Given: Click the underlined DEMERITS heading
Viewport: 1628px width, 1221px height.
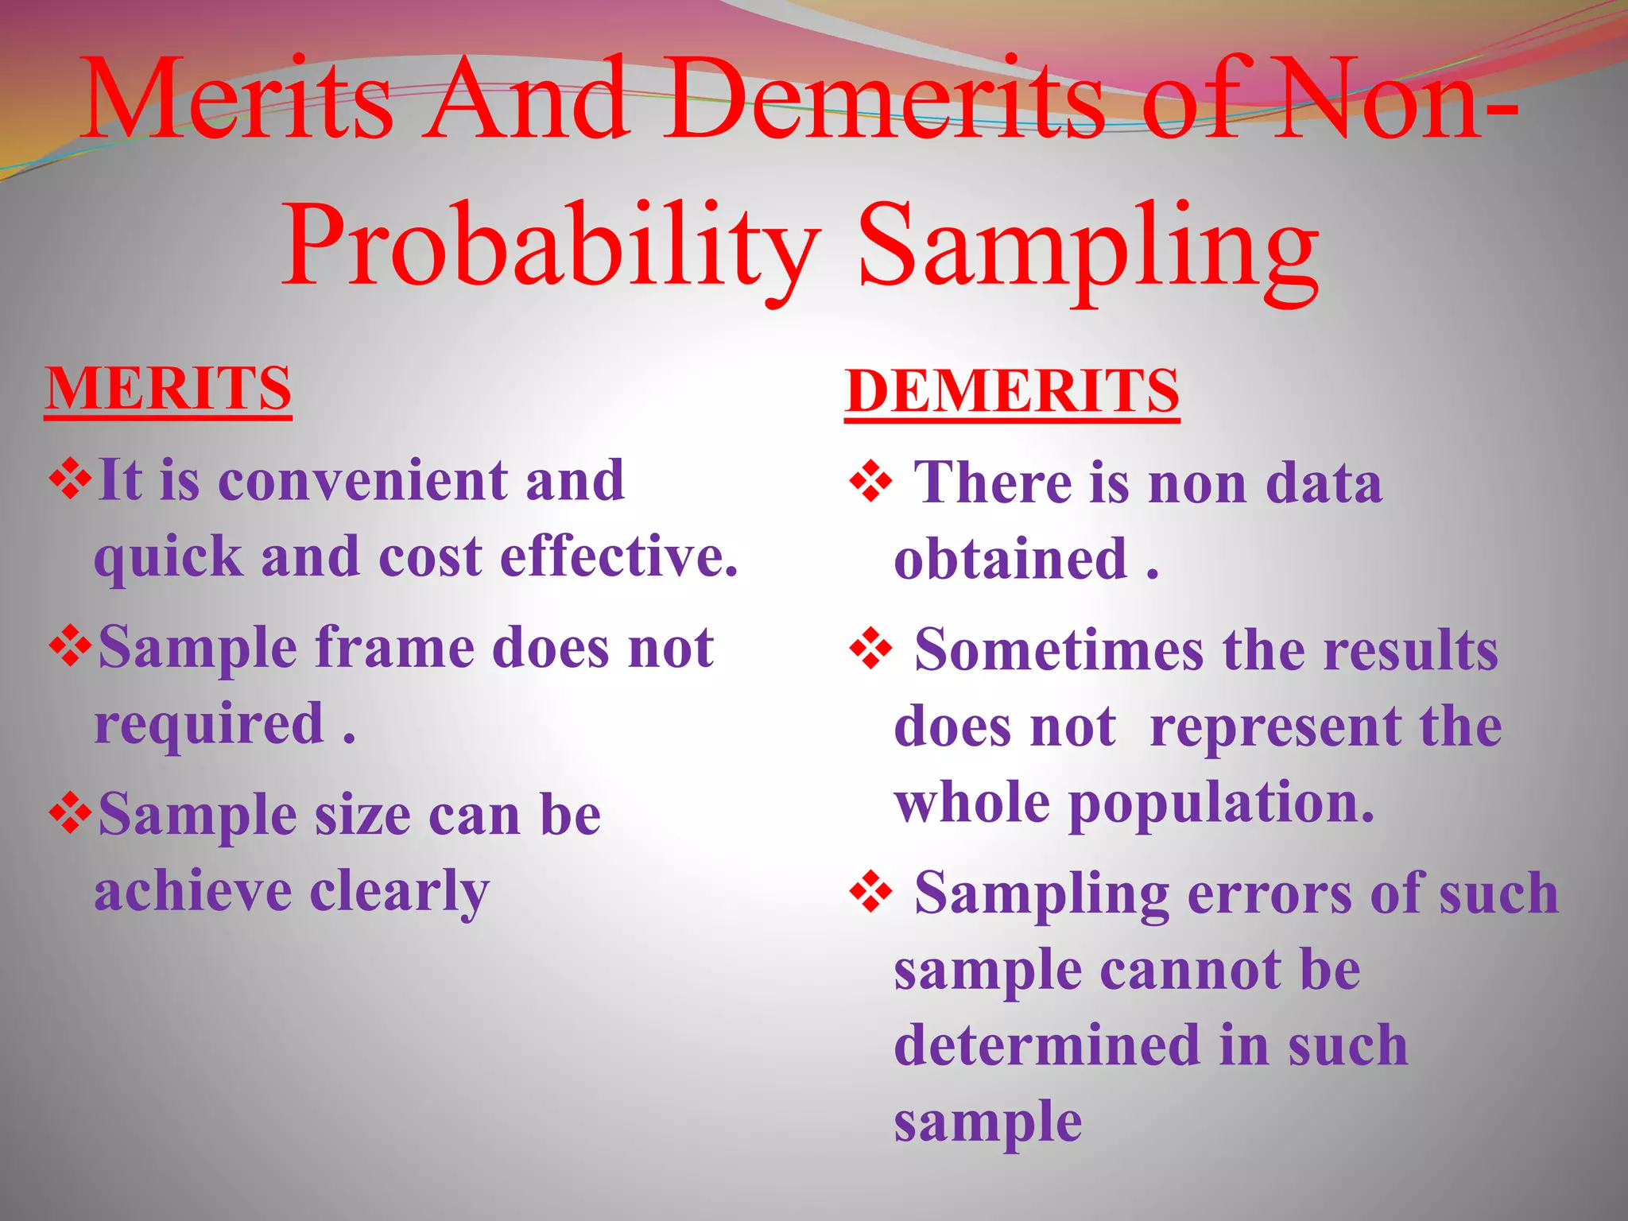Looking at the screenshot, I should click(x=1011, y=391).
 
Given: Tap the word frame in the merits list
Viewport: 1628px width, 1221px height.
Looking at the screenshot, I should click(x=394, y=648).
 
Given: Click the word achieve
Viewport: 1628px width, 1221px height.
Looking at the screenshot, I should click(x=193, y=891).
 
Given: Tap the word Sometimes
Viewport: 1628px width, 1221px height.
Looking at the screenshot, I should click(x=1059, y=651).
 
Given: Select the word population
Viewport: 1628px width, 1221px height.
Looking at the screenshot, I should click(x=1220, y=804).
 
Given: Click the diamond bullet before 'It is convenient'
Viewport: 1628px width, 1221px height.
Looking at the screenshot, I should click(x=71, y=480).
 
